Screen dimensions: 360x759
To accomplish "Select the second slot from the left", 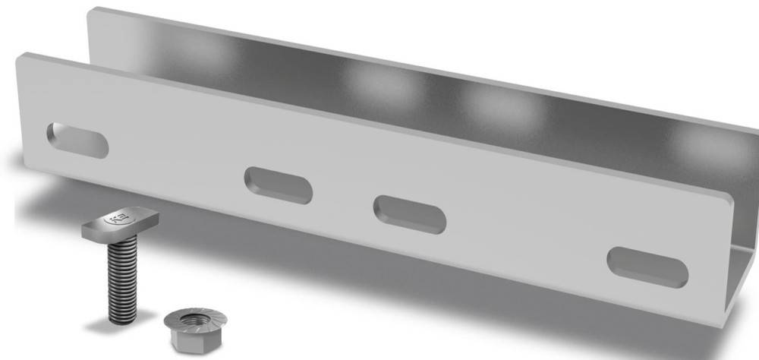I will (x=278, y=185).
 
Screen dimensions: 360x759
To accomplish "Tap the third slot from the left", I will (x=409, y=213).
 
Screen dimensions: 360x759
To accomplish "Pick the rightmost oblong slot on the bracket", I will (x=647, y=267).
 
